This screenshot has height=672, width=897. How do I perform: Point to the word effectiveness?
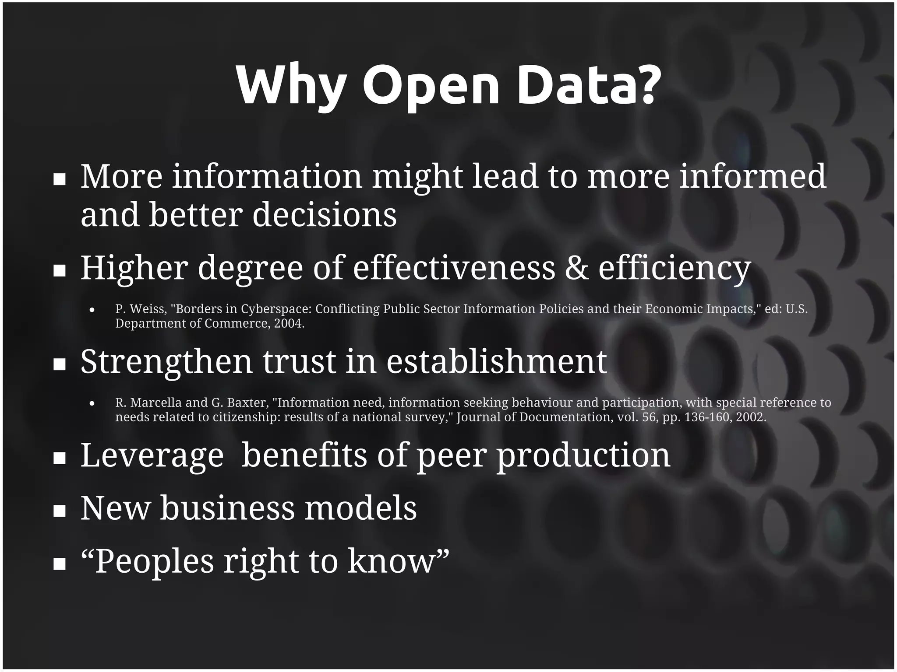pyautogui.click(x=454, y=268)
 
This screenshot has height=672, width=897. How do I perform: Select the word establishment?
pyautogui.click(x=496, y=361)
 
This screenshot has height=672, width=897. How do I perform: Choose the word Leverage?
pyautogui.click(x=152, y=455)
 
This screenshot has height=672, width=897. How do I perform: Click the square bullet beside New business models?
pyautogui.click(x=59, y=511)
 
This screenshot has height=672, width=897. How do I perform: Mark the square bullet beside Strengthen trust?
pyautogui.click(x=59, y=364)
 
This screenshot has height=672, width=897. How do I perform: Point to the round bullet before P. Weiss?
pyautogui.click(x=92, y=310)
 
